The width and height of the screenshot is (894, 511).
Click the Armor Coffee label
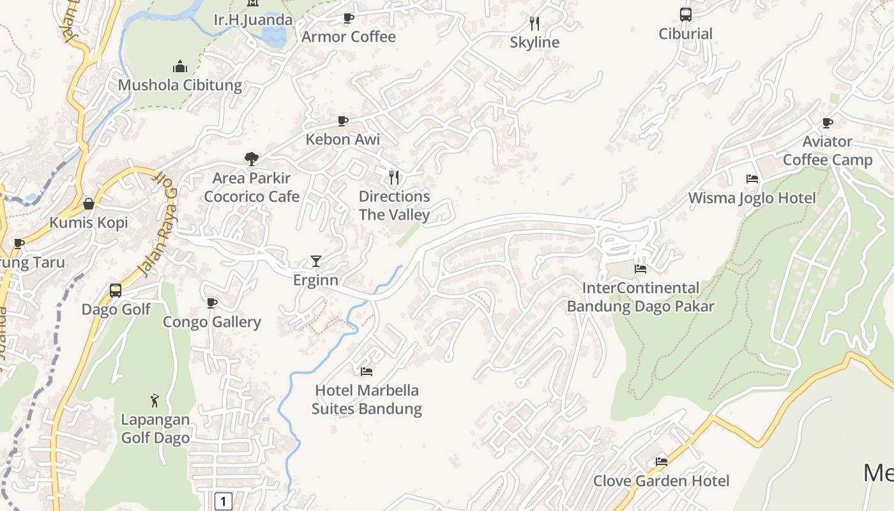(x=349, y=37)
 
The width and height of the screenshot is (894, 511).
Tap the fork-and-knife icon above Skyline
(x=534, y=24)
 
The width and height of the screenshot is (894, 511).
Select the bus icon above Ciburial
(x=685, y=15)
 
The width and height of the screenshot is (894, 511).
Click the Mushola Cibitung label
(x=180, y=85)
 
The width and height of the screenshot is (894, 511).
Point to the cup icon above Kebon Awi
(x=343, y=121)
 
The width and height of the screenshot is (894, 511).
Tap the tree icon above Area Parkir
(x=252, y=158)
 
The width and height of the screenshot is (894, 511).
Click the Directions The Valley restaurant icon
(x=394, y=177)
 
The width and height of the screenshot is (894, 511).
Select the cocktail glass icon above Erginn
(x=315, y=261)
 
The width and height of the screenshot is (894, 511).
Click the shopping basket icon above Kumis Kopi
(x=89, y=204)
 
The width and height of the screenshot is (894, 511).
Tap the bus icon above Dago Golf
(x=116, y=291)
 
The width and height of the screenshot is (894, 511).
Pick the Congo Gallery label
(x=212, y=322)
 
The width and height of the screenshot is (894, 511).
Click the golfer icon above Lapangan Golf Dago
(x=155, y=400)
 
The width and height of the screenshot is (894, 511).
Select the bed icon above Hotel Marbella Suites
(x=367, y=371)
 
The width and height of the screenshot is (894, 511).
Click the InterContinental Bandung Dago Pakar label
(x=640, y=297)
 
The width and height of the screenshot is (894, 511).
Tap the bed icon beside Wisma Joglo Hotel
(x=752, y=179)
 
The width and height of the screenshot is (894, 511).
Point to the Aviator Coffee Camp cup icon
(x=828, y=123)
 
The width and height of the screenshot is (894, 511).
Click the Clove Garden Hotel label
(x=662, y=481)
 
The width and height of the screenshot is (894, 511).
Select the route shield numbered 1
(x=223, y=501)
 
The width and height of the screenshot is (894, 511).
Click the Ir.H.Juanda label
(x=254, y=20)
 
